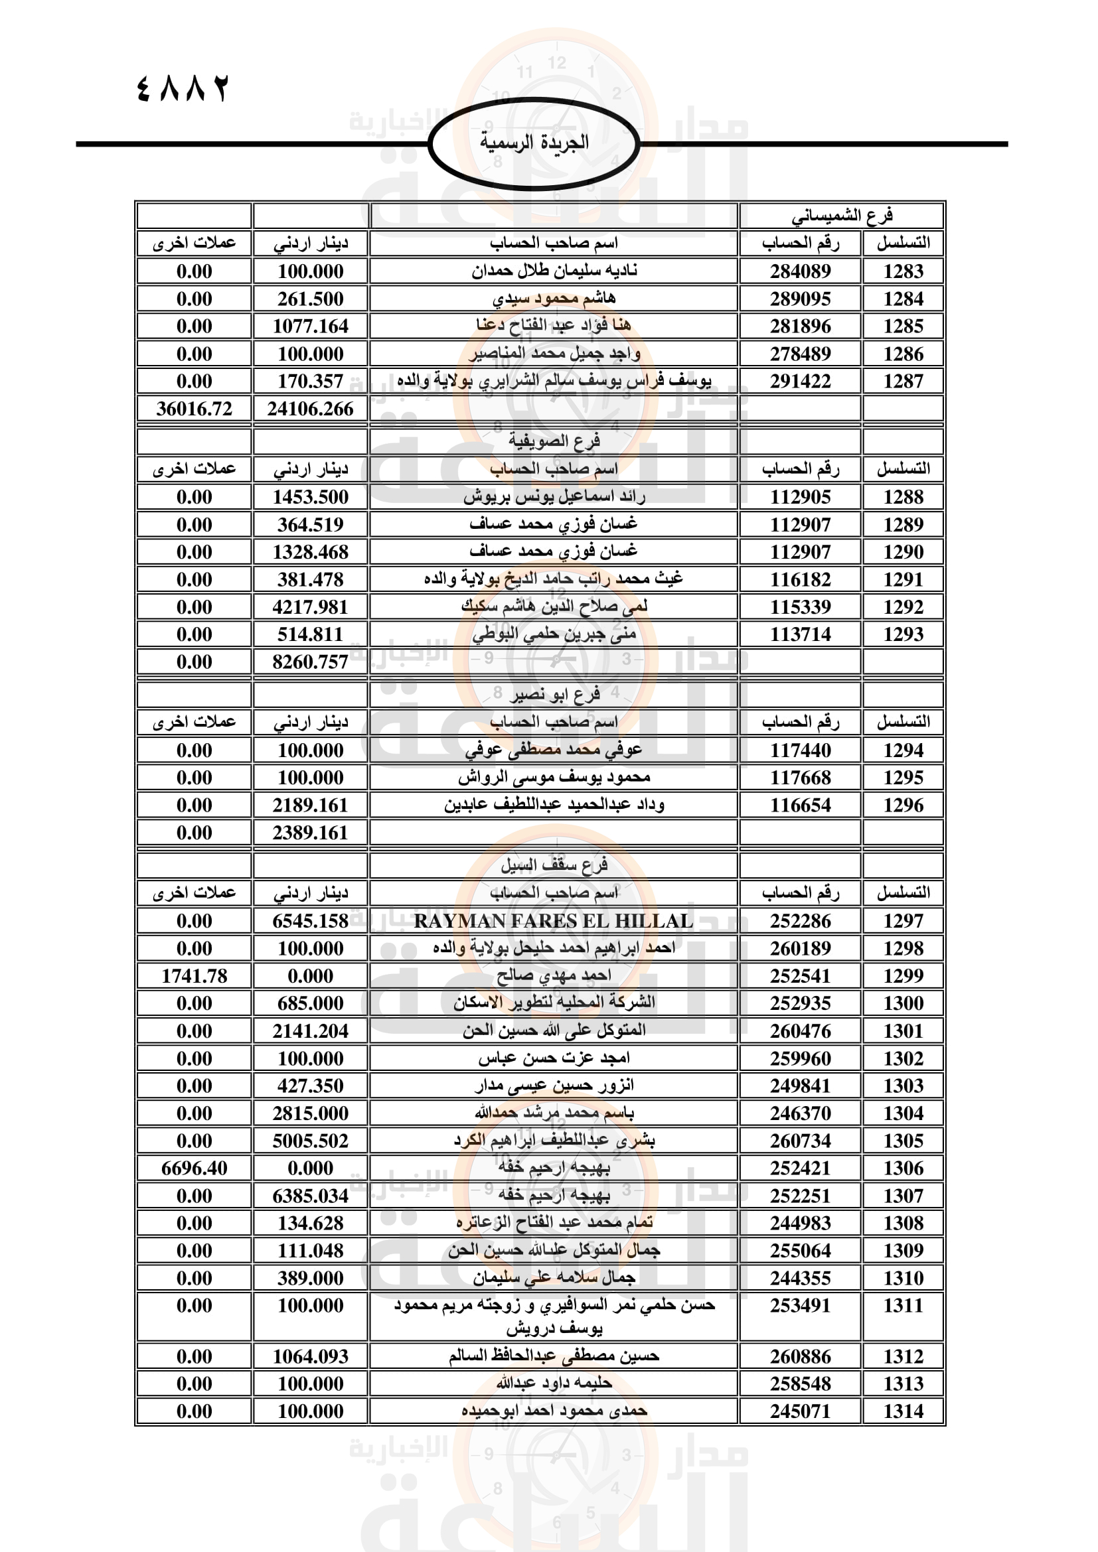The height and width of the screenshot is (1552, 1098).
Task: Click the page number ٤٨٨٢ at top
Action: point(183,88)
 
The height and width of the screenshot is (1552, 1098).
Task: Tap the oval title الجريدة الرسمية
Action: point(534,143)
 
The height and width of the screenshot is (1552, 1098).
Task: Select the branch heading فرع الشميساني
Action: point(842,216)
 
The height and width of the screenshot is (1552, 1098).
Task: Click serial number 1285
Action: point(903,326)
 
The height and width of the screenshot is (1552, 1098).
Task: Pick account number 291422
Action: point(800,382)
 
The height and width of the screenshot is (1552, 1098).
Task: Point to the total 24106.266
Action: point(310,409)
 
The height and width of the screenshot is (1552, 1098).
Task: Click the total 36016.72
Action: point(194,409)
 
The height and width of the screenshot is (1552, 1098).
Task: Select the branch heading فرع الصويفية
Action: point(554,441)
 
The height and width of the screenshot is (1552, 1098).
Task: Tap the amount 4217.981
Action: point(310,607)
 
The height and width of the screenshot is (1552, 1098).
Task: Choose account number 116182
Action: point(800,579)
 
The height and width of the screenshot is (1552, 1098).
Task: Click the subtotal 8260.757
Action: point(310,662)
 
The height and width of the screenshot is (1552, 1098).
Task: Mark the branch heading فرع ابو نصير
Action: point(554,694)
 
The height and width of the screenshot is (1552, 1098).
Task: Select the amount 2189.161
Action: point(310,805)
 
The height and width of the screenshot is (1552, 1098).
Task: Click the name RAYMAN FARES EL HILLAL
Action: point(554,921)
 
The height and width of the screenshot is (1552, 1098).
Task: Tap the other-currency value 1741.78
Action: point(194,976)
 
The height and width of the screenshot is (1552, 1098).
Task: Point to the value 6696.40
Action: point(194,1168)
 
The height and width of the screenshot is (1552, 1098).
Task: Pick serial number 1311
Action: point(903,1305)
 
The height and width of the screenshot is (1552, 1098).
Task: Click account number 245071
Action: point(800,1411)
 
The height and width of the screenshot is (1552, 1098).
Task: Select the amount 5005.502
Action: point(310,1141)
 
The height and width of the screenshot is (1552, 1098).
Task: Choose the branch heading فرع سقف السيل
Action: point(554,865)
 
